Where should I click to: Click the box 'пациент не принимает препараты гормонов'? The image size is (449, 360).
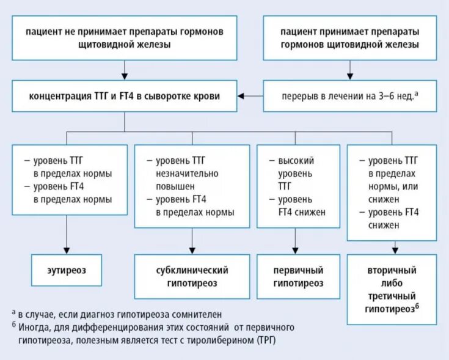125,37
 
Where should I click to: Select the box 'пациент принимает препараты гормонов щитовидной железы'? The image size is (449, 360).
350,37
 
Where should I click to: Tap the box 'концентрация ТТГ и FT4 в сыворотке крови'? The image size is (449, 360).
125,95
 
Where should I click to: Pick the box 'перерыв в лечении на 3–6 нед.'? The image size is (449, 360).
350,96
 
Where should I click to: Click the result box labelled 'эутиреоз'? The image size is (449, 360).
67,270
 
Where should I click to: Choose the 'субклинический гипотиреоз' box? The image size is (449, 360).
192,276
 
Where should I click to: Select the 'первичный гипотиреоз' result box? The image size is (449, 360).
298,276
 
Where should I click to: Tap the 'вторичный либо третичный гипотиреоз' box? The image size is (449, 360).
392,289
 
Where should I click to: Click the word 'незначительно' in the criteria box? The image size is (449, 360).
182,174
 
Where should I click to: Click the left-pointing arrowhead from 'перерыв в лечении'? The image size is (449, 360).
243,95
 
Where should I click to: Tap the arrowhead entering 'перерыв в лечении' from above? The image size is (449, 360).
349,76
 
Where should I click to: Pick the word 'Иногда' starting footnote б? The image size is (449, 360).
34,326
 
